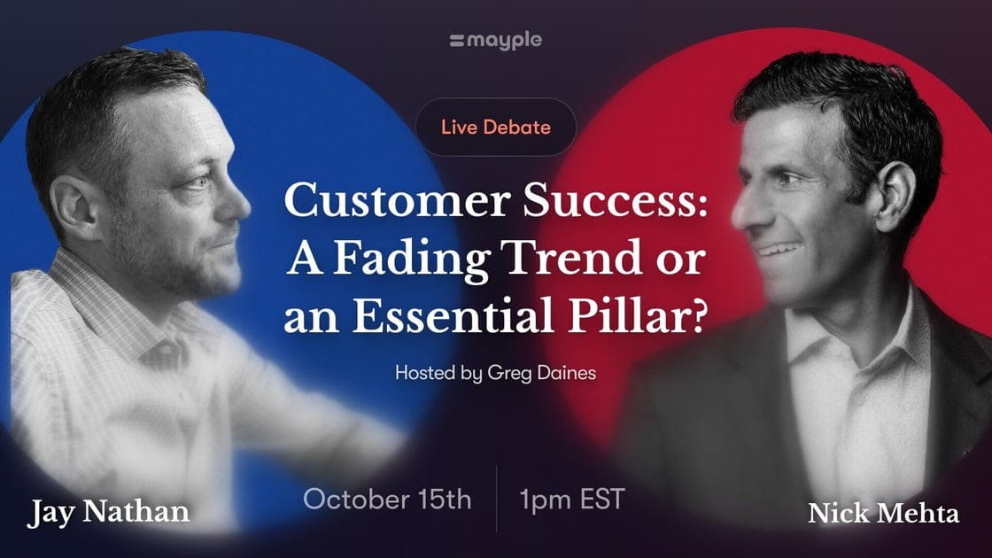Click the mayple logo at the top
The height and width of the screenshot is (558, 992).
495,41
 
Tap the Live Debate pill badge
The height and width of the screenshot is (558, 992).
496,128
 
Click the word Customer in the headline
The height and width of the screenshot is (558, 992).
398,201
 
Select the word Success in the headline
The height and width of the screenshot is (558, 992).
615,201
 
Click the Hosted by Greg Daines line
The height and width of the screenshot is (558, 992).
495,373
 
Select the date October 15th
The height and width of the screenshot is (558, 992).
387,500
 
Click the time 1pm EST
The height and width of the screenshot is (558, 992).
572,500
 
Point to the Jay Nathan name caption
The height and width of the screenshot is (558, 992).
108,513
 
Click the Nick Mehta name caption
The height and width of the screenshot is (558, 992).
883,513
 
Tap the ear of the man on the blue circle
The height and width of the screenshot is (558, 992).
74,207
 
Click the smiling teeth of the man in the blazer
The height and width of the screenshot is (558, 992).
777,249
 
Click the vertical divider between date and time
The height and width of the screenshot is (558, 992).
497,500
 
